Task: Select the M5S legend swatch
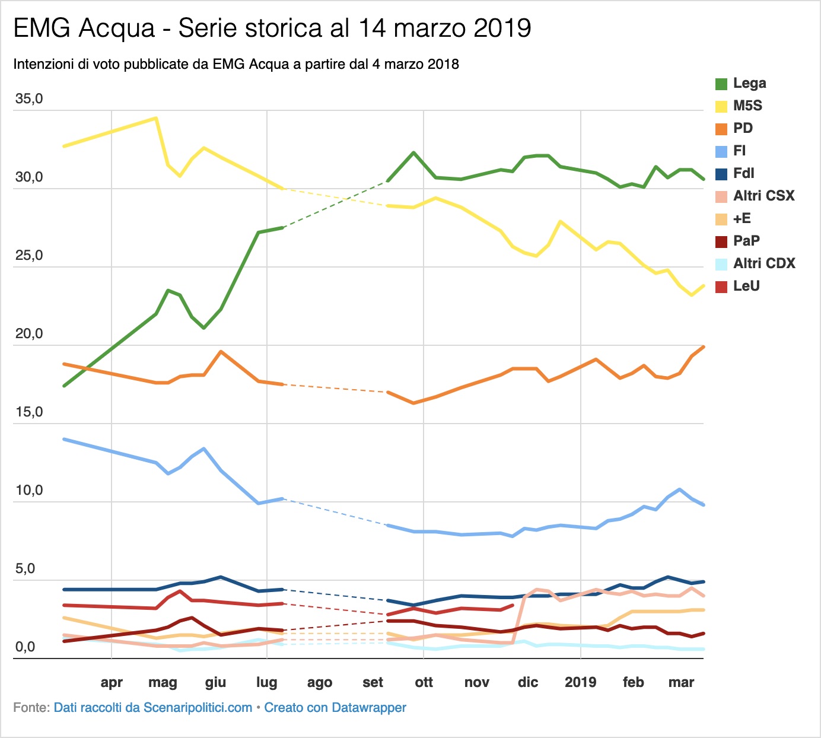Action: pos(721,106)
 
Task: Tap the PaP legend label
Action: pos(746,241)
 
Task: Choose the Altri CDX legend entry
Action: pos(755,263)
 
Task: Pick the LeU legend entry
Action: pos(737,286)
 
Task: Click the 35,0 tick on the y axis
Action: pos(29,98)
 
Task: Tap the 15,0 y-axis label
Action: pos(29,412)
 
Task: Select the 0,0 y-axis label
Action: pos(26,647)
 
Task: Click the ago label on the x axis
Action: pos(320,682)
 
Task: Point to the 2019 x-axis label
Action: pos(580,682)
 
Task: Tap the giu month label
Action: pos(215,682)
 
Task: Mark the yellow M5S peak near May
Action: pos(156,118)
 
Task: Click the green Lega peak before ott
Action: pos(414,152)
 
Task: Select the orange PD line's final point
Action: pos(703,347)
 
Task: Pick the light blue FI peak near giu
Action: pos(204,448)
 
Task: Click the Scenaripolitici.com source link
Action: pos(153,708)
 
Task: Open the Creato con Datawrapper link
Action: pos(335,708)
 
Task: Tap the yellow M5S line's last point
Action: pos(703,286)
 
